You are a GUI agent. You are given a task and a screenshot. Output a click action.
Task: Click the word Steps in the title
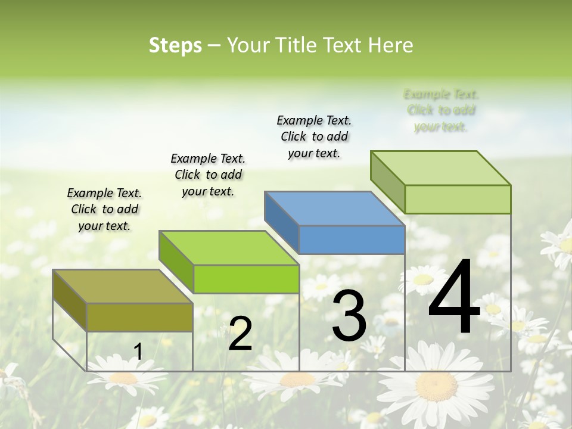click(x=175, y=45)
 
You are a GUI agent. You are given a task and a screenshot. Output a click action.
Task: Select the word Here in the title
click(x=391, y=45)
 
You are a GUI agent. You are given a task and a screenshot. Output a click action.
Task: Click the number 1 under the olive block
click(x=138, y=352)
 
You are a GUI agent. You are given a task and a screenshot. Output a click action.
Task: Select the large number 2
click(x=240, y=334)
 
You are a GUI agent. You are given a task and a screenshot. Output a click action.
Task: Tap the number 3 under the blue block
click(x=349, y=316)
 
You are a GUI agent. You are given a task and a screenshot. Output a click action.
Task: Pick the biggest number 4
click(x=454, y=298)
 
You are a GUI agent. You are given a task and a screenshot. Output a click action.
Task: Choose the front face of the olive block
click(x=139, y=317)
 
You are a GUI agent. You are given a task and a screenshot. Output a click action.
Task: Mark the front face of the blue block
click(x=352, y=240)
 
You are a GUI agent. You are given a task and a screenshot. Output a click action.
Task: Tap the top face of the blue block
click(x=334, y=209)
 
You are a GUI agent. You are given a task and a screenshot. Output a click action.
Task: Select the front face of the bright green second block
click(x=245, y=279)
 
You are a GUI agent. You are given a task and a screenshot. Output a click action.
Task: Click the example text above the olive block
click(x=104, y=209)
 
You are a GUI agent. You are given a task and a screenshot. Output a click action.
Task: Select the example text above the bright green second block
click(x=208, y=175)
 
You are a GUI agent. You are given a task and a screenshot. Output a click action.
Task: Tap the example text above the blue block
click(x=314, y=136)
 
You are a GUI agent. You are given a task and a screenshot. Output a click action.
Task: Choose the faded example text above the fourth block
click(x=441, y=110)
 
